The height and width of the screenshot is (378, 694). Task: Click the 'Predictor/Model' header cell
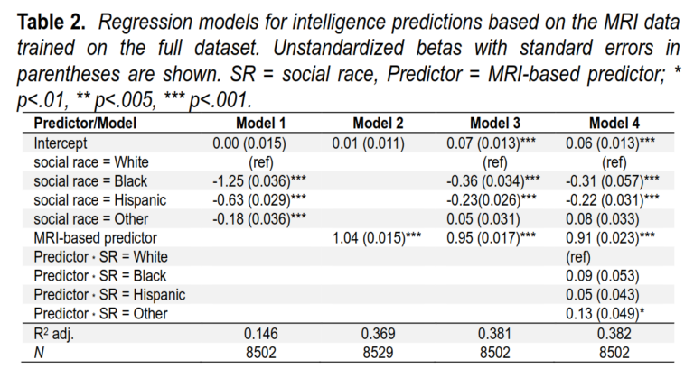(82, 124)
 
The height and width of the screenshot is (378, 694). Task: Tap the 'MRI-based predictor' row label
(90, 237)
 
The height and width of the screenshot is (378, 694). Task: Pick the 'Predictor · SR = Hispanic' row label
(108, 294)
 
